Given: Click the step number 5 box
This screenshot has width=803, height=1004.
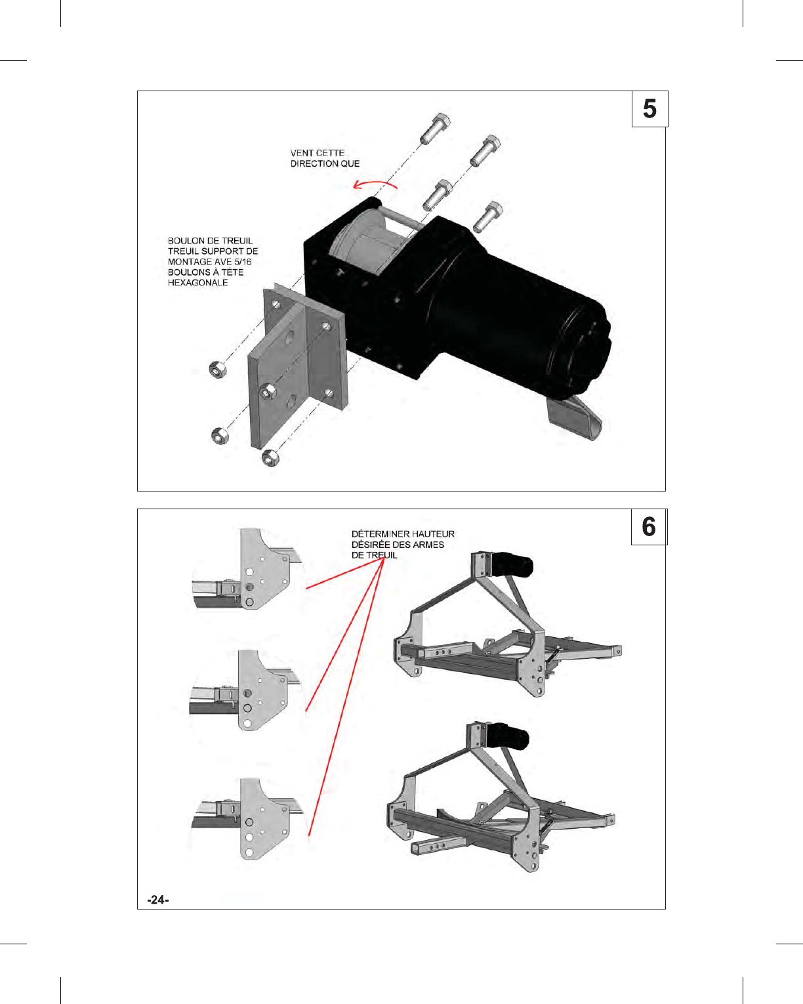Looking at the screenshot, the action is tap(649, 109).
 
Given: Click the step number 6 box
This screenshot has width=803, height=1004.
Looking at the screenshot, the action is tap(649, 527).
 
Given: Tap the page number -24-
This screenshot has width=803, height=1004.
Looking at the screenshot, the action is tap(158, 900).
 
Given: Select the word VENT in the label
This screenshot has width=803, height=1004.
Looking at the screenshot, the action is tap(302, 153).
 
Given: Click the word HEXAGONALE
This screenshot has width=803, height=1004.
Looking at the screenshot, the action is tap(197, 283).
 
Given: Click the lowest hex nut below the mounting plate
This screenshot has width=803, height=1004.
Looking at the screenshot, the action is tap(270, 457).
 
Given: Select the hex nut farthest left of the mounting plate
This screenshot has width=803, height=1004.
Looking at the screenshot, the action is tap(217, 369).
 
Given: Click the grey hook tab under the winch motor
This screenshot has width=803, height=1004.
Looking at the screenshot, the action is tap(573, 417).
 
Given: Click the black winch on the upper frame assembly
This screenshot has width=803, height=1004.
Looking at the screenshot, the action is tap(512, 564).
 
